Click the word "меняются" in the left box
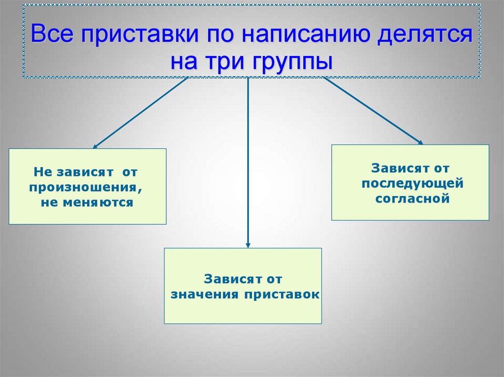click(x=99, y=202)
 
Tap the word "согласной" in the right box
click(x=412, y=199)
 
